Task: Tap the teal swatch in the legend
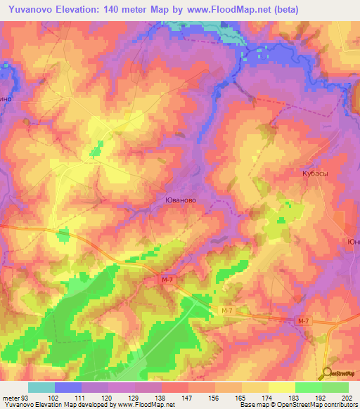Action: click(x=41, y=387)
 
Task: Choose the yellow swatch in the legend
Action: click(x=282, y=387)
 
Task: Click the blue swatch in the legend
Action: click(x=68, y=387)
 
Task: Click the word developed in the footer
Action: click(x=90, y=405)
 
